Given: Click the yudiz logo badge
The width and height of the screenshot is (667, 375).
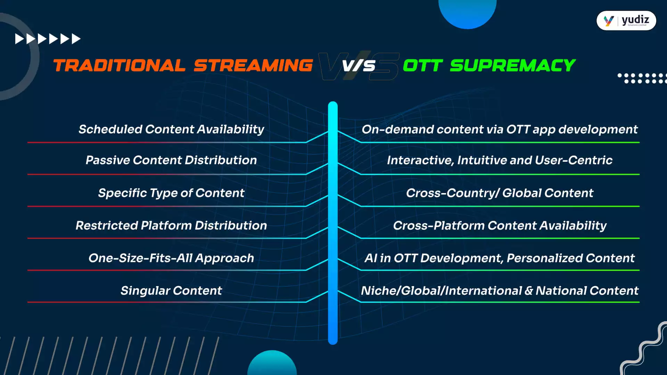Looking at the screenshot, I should [x=626, y=21].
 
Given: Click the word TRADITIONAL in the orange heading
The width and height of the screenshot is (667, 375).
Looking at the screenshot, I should [x=119, y=66].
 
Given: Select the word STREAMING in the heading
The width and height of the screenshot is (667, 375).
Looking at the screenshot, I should [x=253, y=66].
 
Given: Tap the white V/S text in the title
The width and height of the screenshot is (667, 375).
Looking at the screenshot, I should [x=359, y=66].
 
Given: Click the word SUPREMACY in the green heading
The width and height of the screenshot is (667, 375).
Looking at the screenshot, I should [x=513, y=66].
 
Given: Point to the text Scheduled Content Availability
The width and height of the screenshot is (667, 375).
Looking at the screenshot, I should [x=171, y=129].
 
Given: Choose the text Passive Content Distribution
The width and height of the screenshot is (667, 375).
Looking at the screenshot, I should [x=171, y=160].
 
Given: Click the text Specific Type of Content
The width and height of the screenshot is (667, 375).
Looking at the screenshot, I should [x=171, y=193].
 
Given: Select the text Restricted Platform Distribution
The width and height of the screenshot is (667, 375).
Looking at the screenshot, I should [x=171, y=225].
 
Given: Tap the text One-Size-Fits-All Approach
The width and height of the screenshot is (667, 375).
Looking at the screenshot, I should [x=171, y=258].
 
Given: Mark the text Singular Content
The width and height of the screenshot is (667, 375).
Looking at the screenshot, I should [x=171, y=291].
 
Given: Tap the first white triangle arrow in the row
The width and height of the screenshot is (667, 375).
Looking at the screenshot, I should [x=19, y=39].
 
